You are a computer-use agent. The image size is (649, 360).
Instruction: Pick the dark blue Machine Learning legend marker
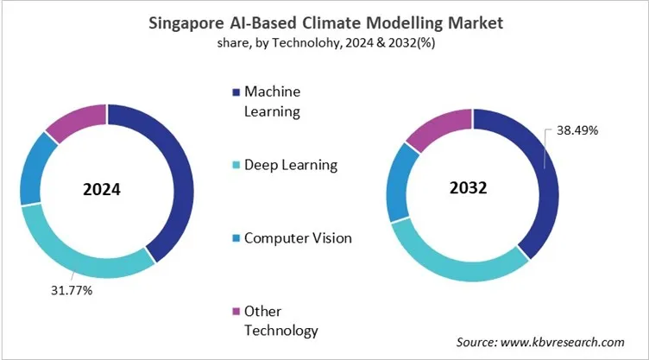235,92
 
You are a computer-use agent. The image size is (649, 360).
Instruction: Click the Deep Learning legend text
290,165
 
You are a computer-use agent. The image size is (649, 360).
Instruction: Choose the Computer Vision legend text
298,237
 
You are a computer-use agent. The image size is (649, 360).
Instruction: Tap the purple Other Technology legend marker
235,311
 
